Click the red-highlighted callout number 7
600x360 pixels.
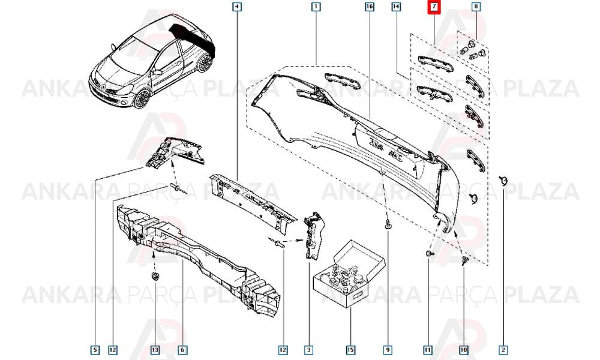(434, 7)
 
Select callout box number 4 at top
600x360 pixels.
(237, 7)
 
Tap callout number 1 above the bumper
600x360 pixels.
(316, 7)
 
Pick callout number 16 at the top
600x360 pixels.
(369, 7)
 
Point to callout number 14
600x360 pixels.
(396, 7)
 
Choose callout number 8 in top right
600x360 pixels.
(476, 7)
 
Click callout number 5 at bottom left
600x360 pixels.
(95, 350)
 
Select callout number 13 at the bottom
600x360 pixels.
(155, 350)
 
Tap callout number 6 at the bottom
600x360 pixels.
(182, 350)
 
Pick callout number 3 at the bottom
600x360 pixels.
(308, 350)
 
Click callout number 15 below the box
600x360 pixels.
(350, 350)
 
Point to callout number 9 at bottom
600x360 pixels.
(388, 350)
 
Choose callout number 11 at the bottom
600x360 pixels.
(427, 350)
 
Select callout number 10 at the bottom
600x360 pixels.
(463, 350)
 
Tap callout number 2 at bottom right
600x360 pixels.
(503, 350)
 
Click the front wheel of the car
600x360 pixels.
(142, 98)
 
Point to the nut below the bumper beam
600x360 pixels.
(155, 276)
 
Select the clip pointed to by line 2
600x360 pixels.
(503, 180)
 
